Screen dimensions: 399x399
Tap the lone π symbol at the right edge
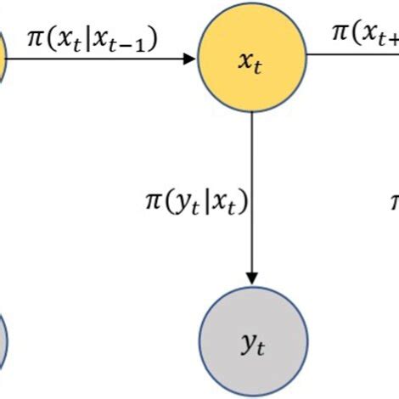394,202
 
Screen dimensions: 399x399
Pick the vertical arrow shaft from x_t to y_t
251,195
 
